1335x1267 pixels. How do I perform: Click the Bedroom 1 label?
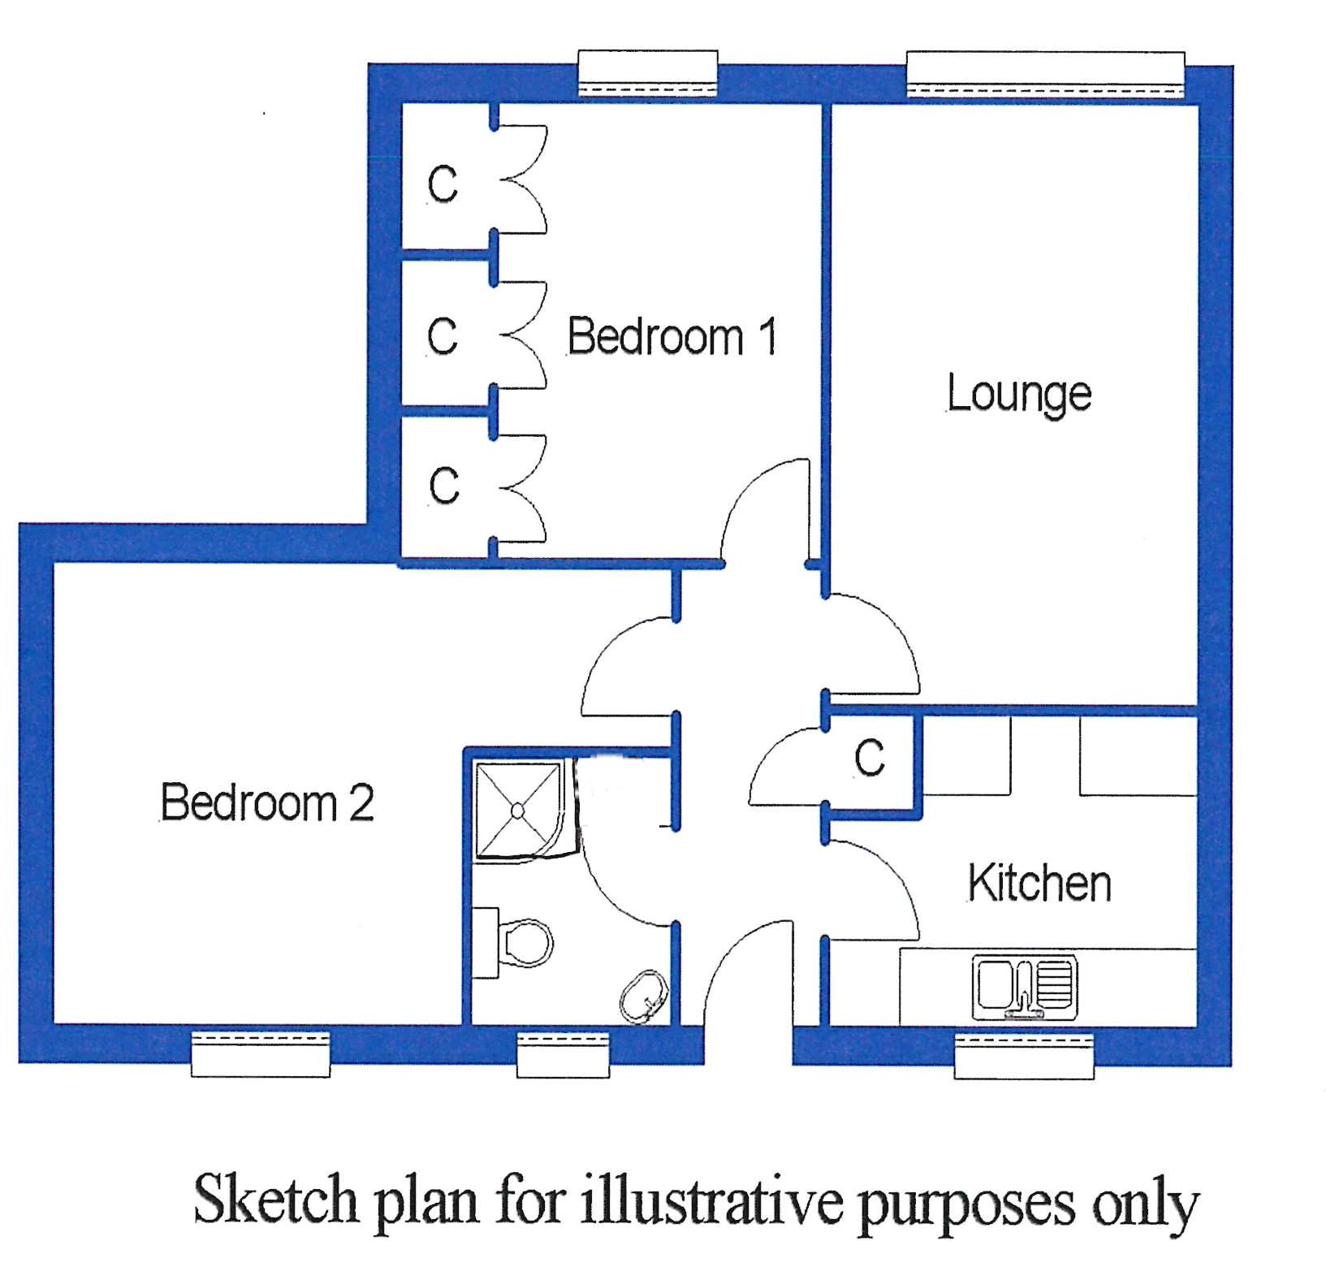click(x=672, y=336)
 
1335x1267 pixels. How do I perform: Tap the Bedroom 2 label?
click(x=267, y=802)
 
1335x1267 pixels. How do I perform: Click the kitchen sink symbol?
click(x=1026, y=988)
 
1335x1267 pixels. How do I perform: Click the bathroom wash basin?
click(x=645, y=997)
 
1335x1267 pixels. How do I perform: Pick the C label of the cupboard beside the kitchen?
click(x=870, y=759)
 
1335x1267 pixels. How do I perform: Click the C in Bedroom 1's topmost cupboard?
click(x=443, y=184)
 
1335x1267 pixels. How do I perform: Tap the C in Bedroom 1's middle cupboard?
click(x=443, y=335)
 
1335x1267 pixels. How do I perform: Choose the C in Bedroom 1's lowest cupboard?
click(x=443, y=486)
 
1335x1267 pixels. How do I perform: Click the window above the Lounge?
click(x=1045, y=74)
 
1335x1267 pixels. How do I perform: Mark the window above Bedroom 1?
click(x=647, y=73)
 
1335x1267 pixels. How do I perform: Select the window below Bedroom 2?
click(x=261, y=1054)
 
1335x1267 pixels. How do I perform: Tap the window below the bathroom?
click(x=564, y=1055)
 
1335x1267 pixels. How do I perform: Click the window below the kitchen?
click(x=1023, y=1056)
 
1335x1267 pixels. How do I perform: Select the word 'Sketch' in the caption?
click(x=276, y=1199)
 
